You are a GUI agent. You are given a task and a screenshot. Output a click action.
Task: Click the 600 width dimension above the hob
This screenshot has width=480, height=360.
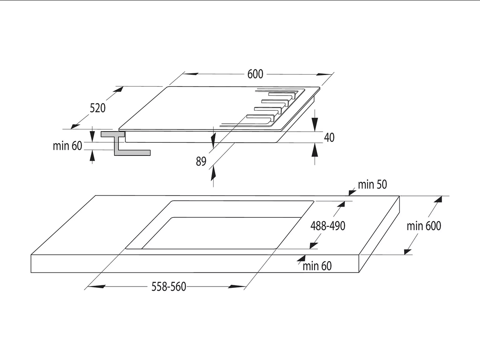255,74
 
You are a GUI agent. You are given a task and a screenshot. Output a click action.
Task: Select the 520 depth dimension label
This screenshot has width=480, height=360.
98,108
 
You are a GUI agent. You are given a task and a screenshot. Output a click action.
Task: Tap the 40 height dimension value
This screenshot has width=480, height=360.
329,137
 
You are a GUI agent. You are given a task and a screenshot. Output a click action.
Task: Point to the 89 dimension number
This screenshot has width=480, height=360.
201,161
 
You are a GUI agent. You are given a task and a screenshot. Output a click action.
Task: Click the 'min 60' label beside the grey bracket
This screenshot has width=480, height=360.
67,146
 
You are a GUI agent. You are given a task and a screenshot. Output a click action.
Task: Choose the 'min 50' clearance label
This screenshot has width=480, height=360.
372,185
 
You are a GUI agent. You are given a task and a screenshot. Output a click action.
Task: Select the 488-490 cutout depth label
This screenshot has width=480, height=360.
328,226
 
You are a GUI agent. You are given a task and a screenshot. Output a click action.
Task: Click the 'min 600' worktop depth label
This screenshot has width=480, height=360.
424,226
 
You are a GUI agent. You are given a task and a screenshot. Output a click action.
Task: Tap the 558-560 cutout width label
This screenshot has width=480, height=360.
169,287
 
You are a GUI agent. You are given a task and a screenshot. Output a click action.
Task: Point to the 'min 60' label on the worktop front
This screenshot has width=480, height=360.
317,266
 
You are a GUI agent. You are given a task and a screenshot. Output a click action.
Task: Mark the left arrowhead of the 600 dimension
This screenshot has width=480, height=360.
191,74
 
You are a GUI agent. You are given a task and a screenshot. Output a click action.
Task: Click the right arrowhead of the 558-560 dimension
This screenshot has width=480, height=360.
237,287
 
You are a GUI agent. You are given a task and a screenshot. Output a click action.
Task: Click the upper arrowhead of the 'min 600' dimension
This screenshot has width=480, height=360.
438,200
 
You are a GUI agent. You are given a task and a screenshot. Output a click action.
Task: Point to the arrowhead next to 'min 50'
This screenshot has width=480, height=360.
352,193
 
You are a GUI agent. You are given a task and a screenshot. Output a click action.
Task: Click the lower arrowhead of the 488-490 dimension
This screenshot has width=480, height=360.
314,245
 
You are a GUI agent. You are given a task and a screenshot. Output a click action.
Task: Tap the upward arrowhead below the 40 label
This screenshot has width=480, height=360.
315,150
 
